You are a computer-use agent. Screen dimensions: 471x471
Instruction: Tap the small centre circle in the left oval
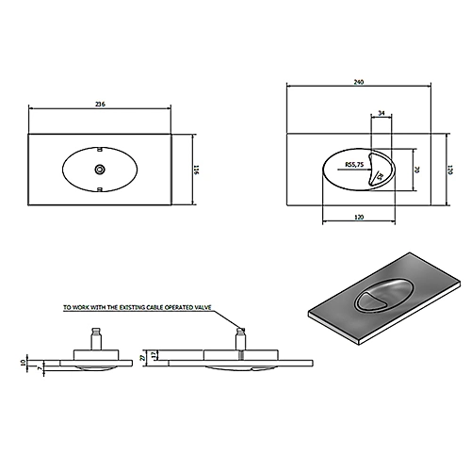[x=100, y=170]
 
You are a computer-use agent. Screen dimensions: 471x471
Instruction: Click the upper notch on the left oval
[x=100, y=150]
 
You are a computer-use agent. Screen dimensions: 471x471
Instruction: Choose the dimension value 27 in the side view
[x=142, y=357]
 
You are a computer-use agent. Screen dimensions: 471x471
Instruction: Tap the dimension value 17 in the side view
[x=154, y=355]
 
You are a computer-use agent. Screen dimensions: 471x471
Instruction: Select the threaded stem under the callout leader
[x=240, y=336]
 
